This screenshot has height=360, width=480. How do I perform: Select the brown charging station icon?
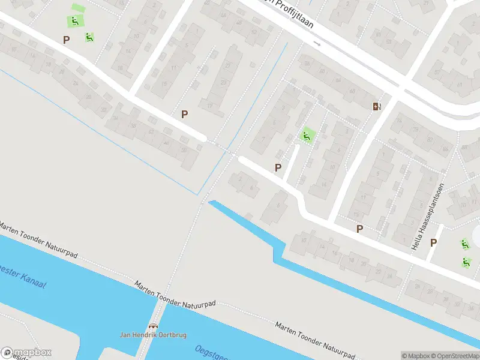[376, 106]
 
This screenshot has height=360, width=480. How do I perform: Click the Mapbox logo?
[26, 353]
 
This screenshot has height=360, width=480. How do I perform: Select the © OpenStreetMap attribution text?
[454, 356]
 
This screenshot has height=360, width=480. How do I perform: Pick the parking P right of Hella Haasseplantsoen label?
[433, 242]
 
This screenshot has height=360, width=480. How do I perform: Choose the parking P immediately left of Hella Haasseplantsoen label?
[359, 228]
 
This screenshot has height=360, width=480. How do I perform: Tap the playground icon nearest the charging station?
[307, 136]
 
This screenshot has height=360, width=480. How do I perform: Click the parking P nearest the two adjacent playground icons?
[66, 40]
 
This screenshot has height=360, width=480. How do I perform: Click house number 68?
[352, 92]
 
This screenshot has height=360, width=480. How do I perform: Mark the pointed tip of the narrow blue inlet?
[209, 202]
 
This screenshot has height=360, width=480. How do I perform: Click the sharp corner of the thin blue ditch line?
[197, 194]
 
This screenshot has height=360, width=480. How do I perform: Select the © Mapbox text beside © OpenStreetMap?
[415, 356]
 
